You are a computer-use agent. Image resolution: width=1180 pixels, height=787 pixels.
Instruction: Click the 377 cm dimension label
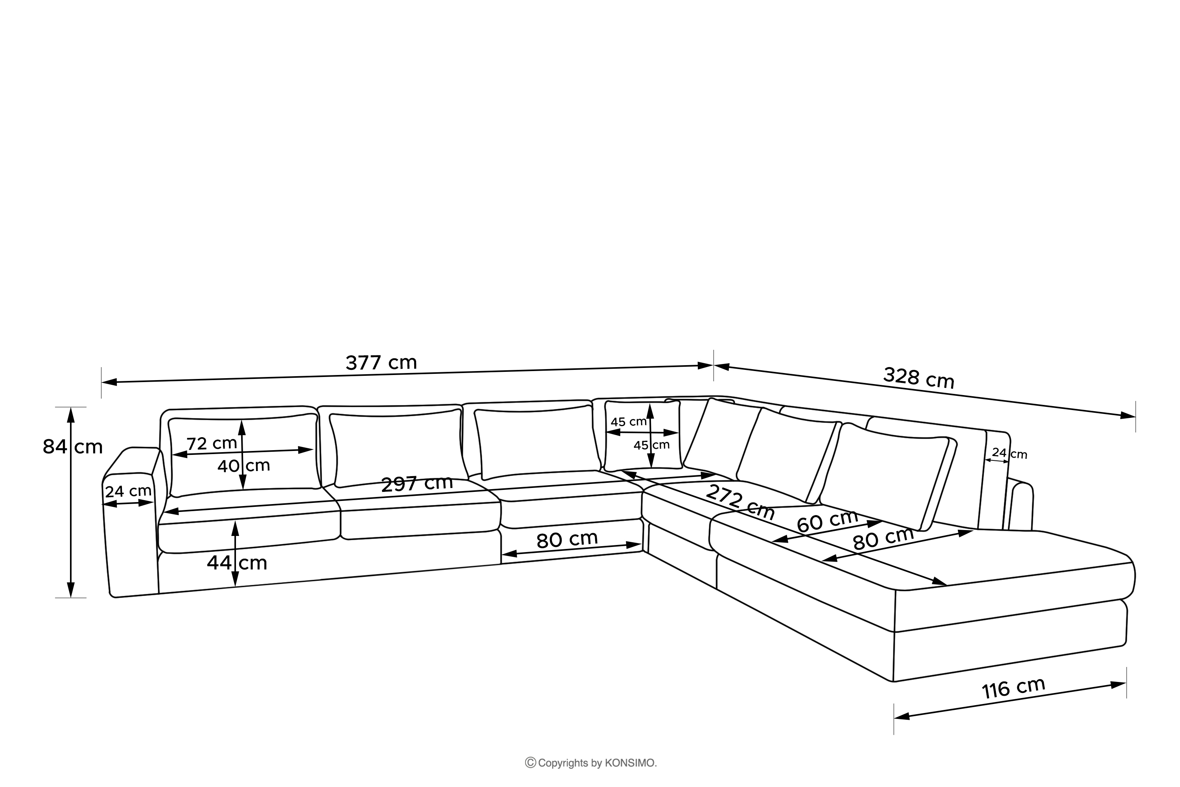pyautogui.click(x=381, y=362)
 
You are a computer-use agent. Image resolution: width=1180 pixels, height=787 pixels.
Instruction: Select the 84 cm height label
pyautogui.click(x=72, y=446)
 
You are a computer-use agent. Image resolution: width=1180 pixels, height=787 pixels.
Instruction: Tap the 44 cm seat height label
pyautogui.click(x=237, y=563)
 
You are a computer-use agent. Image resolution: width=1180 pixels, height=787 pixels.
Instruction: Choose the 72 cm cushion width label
pyautogui.click(x=211, y=444)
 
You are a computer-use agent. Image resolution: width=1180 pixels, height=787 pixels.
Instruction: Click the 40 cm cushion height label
pyautogui.click(x=243, y=466)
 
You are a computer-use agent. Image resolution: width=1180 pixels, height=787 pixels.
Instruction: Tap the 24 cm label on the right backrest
pyautogui.click(x=1009, y=453)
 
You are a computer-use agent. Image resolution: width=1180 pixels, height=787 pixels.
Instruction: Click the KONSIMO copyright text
pyautogui.click(x=597, y=763)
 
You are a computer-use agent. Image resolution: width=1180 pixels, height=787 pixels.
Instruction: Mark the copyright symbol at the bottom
pyautogui.click(x=530, y=763)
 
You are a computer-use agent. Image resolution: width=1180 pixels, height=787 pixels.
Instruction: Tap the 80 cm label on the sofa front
pyautogui.click(x=567, y=539)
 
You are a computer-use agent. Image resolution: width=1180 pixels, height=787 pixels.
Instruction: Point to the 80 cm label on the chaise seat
pyautogui.click(x=883, y=539)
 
